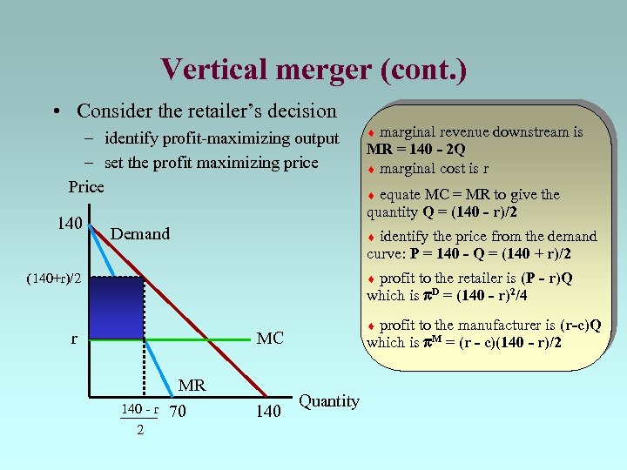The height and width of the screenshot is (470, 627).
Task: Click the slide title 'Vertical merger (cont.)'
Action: pyautogui.click(x=313, y=69)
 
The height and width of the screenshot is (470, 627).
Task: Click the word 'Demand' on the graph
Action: pyautogui.click(x=140, y=233)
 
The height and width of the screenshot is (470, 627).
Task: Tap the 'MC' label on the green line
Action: pyautogui.click(x=270, y=338)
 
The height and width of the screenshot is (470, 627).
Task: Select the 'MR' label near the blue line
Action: pyautogui.click(x=192, y=385)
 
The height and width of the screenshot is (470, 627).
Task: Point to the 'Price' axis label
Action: pyautogui.click(x=86, y=186)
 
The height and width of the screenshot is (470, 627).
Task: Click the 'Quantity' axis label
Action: pyautogui.click(x=328, y=401)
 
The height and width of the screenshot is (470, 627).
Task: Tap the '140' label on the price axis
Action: pyautogui.click(x=70, y=224)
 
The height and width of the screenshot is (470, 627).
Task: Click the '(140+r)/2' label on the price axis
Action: pyautogui.click(x=54, y=279)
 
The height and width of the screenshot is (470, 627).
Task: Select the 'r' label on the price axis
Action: pyautogui.click(x=75, y=340)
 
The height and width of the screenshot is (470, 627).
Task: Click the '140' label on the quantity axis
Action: pyautogui.click(x=268, y=411)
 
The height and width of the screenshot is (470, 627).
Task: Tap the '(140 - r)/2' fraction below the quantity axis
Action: pyautogui.click(x=139, y=419)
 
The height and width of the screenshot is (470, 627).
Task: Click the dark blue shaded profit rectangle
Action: pyautogui.click(x=118, y=307)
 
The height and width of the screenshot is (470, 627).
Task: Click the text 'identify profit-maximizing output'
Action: pyautogui.click(x=221, y=138)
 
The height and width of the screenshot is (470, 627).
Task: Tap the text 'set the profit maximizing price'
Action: pyautogui.click(x=211, y=162)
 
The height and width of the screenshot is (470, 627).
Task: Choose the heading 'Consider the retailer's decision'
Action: pyautogui.click(x=206, y=111)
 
